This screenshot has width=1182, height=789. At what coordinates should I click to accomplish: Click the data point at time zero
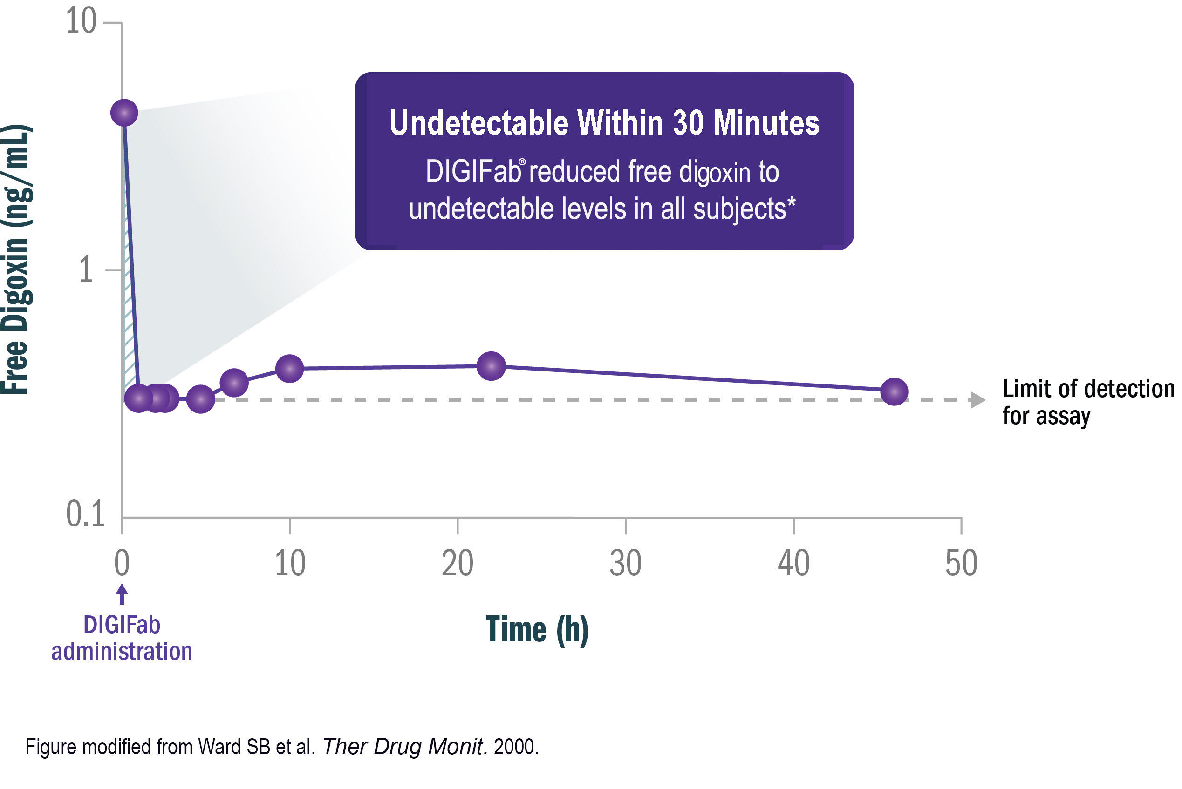pyautogui.click(x=124, y=113)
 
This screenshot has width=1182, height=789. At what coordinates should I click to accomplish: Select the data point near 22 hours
pyautogui.click(x=491, y=366)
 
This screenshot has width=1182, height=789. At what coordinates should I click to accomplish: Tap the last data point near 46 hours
pyautogui.click(x=894, y=391)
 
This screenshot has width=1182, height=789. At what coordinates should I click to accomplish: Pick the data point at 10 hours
pyautogui.click(x=290, y=368)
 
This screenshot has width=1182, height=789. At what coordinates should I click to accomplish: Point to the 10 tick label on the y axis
pyautogui.click(x=81, y=21)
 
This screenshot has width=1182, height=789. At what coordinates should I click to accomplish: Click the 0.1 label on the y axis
pyautogui.click(x=85, y=514)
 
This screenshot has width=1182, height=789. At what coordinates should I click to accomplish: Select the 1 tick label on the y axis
pyautogui.click(x=86, y=270)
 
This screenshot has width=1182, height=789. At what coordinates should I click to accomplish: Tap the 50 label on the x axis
pyautogui.click(x=961, y=563)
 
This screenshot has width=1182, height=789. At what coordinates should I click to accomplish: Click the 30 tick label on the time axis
pyautogui.click(x=626, y=563)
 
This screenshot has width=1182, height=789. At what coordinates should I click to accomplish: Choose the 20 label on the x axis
pyautogui.click(x=458, y=563)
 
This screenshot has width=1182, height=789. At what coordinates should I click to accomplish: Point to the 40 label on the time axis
pyautogui.click(x=794, y=563)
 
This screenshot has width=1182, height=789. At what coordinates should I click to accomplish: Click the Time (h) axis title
pyautogui.click(x=537, y=629)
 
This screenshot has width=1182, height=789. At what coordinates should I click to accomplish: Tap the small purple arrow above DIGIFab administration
pyautogui.click(x=122, y=594)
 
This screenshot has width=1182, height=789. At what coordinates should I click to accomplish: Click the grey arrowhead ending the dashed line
pyautogui.click(x=977, y=400)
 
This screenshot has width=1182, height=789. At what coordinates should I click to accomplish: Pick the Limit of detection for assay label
pyautogui.click(x=1088, y=402)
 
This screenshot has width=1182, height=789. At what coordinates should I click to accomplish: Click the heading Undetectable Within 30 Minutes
pyautogui.click(x=604, y=123)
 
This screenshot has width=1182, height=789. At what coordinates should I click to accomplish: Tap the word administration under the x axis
pyautogui.click(x=122, y=652)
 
